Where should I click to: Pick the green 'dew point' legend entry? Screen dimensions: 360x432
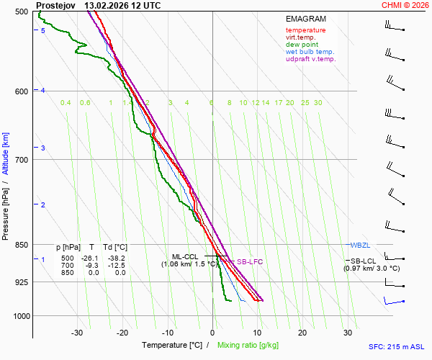point(302,45)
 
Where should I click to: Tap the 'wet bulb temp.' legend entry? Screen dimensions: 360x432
point(310,52)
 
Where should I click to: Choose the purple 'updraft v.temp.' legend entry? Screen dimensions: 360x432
point(311,59)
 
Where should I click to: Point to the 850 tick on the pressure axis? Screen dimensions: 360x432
point(20,245)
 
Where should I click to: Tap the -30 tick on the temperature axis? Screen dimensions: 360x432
point(77,333)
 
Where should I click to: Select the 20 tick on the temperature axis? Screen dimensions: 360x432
point(302,333)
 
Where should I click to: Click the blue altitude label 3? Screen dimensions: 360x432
point(43,148)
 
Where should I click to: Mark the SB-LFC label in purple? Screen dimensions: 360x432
point(251,262)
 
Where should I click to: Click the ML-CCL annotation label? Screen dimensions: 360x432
point(185,256)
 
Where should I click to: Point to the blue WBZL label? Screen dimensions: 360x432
point(359,245)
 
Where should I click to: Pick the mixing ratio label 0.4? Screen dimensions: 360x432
point(66,103)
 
